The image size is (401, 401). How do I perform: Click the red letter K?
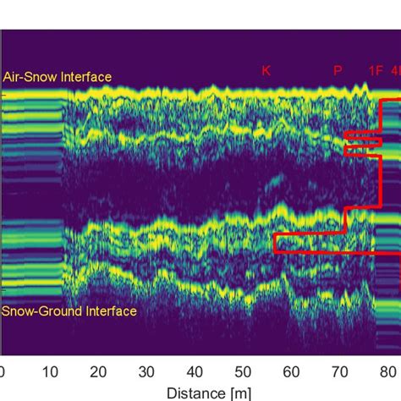(x=266, y=71)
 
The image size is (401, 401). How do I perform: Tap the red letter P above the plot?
(x=338, y=71)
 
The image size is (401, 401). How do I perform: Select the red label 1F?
(x=376, y=71)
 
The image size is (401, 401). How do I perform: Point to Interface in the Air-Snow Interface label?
(x=85, y=77)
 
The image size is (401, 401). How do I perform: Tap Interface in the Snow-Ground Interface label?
(x=107, y=311)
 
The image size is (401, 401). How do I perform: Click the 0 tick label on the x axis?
(x=3, y=371)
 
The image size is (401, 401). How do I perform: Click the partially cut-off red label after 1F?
(x=395, y=71)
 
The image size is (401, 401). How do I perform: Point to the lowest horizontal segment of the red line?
(x=330, y=252)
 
